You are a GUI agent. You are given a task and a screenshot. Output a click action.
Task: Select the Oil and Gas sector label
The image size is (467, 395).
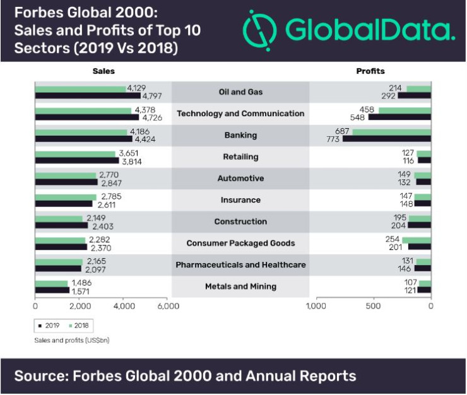click(x=240, y=92)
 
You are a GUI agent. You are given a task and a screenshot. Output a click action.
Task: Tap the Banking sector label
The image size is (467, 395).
click(x=240, y=135)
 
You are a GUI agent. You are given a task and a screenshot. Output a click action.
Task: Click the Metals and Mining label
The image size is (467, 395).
click(x=240, y=286)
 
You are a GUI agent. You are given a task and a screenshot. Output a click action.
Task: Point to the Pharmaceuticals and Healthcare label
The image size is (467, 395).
click(x=240, y=265)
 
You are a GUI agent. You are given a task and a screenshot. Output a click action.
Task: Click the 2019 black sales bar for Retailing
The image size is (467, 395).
click(x=76, y=161)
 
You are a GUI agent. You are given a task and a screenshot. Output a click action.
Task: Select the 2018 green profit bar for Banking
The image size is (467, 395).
click(x=391, y=132)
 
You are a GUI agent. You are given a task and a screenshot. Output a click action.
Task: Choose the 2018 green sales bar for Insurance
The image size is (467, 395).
click(x=66, y=197)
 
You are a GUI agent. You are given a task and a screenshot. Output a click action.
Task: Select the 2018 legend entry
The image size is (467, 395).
click(x=79, y=326)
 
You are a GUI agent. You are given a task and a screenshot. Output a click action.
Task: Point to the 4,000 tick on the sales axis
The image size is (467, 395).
click(x=124, y=306)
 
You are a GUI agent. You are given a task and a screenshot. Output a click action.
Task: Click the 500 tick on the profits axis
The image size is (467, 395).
click(x=373, y=306)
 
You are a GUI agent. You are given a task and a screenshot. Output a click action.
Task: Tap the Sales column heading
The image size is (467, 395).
click(x=103, y=71)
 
